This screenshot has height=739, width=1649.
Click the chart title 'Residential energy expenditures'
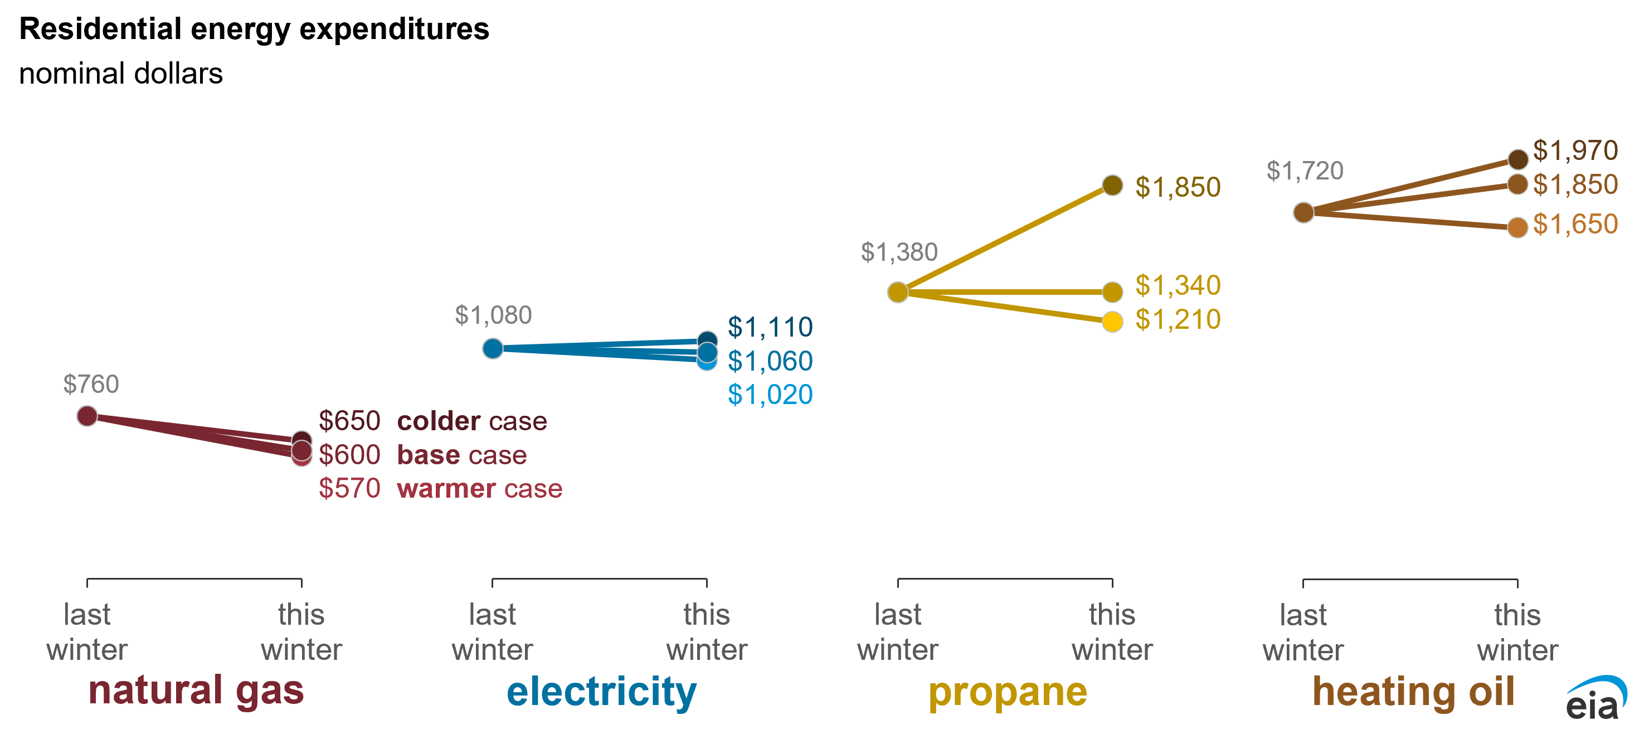pos(254,30)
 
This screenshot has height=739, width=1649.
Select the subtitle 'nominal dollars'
pos(121,73)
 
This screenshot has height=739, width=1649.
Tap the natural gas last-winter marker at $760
pos(87,416)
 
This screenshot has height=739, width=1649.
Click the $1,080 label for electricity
pos(493,315)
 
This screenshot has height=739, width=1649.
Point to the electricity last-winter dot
pos(492,348)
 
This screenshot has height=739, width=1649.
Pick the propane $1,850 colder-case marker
pos(1112,185)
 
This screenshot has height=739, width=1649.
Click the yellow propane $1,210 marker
pos(1112,322)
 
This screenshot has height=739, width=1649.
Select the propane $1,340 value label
pos(1178,285)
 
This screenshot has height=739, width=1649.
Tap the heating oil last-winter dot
pos(1303,212)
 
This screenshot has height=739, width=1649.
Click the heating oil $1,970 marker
pos(1518,159)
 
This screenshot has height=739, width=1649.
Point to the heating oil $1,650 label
pos(1575,224)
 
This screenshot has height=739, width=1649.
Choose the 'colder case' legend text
pos(473,421)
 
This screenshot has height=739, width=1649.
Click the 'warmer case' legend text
pos(479,489)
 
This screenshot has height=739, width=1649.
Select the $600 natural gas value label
pos(349,455)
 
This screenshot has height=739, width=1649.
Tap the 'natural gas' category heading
pos(197,691)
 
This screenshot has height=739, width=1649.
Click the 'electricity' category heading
pos(602,692)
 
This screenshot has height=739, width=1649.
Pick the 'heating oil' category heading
pos(1413,691)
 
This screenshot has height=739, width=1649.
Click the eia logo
pos(1597,697)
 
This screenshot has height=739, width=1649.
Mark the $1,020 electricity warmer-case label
pos(770,395)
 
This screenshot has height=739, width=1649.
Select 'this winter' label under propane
pos(1112,632)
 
